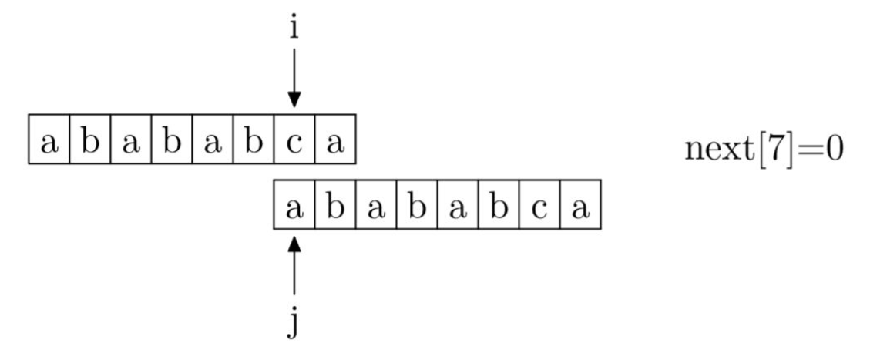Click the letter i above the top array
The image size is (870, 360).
pos(294,29)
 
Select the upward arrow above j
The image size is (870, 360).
pos(294,266)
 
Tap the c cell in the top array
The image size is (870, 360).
pos(294,143)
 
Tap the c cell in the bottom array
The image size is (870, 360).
pos(539,209)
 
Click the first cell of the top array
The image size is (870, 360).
pos(49,143)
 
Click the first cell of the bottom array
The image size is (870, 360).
pos(294,209)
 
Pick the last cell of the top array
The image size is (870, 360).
pos(334,143)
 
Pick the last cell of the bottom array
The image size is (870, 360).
pos(579,209)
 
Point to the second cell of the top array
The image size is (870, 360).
pos(90,143)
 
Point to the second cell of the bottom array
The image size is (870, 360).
pos(334,209)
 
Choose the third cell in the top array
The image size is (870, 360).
pos(131,143)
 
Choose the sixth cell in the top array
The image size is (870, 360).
pos(253,143)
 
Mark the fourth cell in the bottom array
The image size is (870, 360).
pos(416,209)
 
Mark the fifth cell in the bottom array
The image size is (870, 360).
pos(457,209)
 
